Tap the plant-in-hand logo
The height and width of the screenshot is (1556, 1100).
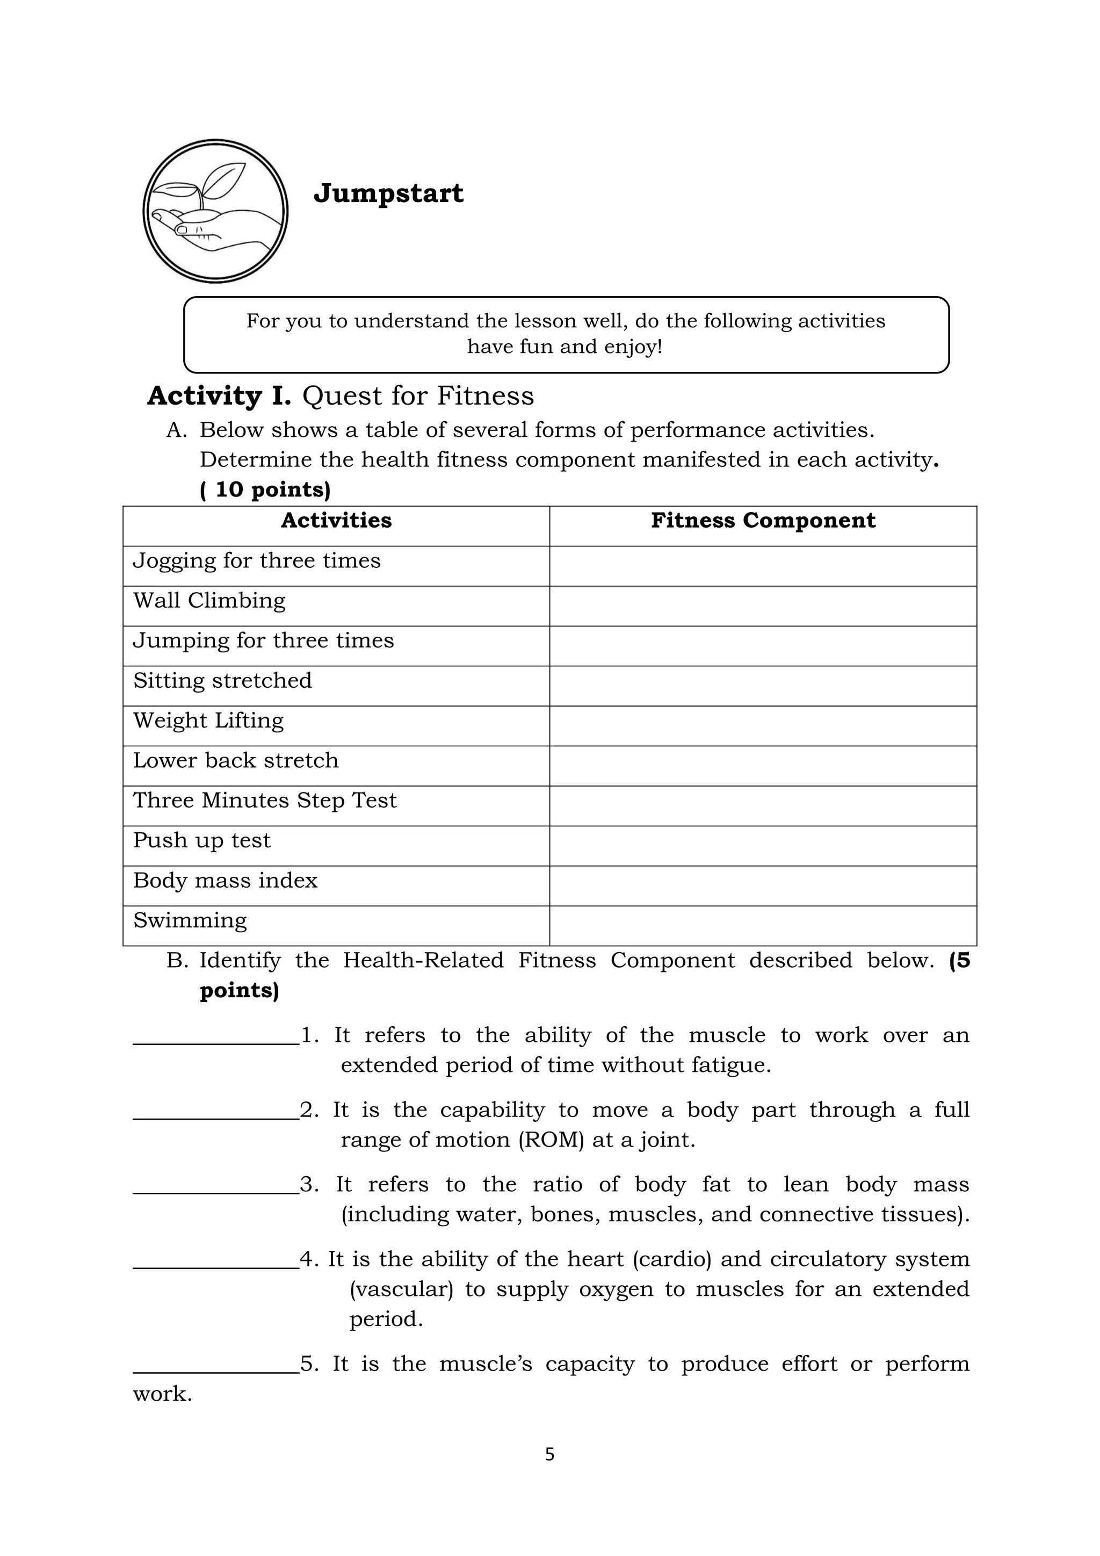[215, 212]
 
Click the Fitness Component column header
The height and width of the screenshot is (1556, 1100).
[763, 521]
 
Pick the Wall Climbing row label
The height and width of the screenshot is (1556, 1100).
[209, 601]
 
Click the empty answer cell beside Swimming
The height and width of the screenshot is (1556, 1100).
[763, 926]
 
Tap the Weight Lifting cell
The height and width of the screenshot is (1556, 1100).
[208, 721]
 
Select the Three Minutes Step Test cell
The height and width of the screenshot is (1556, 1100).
[265, 801]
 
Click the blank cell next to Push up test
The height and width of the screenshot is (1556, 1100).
[763, 846]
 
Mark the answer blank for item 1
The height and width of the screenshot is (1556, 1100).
[216, 1038]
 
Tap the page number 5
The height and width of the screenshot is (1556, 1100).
[549, 1455]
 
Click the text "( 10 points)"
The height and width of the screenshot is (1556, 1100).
[265, 490]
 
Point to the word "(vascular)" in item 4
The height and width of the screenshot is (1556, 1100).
[401, 1289]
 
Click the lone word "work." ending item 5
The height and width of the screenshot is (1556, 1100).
[163, 1395]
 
